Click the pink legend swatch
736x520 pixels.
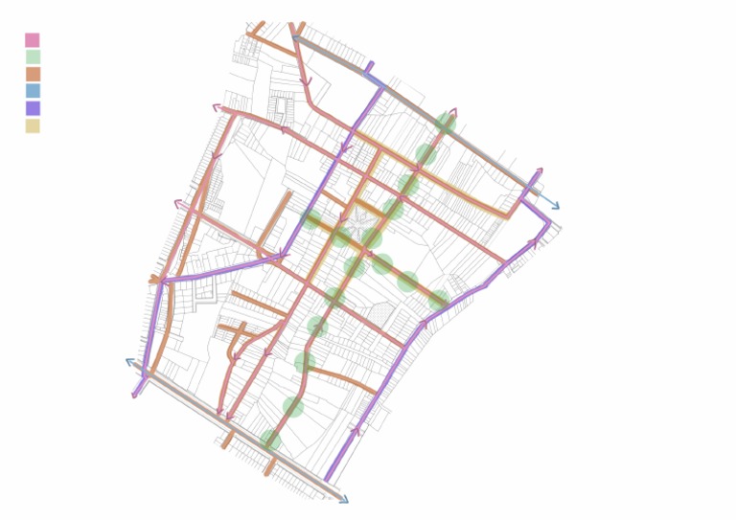[33, 40]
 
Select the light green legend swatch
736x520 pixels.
[33, 57]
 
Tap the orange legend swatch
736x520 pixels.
[33, 74]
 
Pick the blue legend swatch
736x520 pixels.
[33, 91]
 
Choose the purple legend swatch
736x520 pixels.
[33, 108]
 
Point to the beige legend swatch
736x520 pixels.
[33, 125]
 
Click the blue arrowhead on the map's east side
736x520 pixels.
[554, 206]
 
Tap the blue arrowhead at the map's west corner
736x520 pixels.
[130, 362]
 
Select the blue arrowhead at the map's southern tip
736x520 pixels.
[344, 499]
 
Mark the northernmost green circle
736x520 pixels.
[446, 123]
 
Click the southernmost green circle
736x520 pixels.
[271, 441]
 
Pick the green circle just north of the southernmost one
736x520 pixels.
[293, 407]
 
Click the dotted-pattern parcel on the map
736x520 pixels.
[380, 314]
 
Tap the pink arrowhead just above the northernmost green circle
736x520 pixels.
[452, 112]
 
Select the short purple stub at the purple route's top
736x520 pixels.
[369, 67]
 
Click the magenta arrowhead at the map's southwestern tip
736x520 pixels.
[135, 394]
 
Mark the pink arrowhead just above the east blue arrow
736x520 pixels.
[539, 172]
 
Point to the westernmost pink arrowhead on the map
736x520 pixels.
[178, 203]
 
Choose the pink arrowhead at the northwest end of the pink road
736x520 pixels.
[218, 108]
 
